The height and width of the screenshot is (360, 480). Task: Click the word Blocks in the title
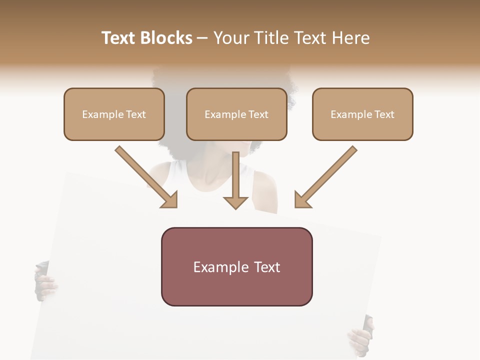pos(166,38)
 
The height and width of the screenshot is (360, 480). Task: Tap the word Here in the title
pos(349,38)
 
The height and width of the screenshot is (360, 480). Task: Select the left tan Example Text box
pos(114,114)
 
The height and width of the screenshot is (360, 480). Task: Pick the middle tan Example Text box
pos(236,114)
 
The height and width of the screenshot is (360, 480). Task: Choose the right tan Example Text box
pos(362,114)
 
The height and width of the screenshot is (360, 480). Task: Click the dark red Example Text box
pos(236,266)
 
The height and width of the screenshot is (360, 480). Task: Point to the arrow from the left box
pos(145,176)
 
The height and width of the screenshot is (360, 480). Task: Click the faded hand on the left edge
pos(45,282)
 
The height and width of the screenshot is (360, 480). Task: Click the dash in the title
pos(202,38)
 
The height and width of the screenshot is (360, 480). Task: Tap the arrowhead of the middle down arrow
pos(235,202)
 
